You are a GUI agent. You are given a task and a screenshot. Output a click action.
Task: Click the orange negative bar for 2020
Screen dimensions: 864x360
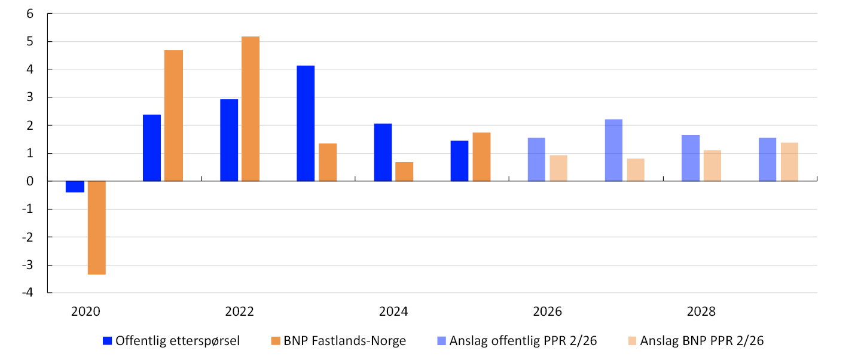click(97, 228)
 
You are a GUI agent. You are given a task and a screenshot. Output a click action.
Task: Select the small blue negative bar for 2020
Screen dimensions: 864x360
click(75, 187)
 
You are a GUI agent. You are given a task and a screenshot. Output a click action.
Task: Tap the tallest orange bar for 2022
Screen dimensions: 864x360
click(251, 109)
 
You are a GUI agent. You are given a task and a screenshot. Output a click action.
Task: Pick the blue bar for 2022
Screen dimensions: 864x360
click(229, 140)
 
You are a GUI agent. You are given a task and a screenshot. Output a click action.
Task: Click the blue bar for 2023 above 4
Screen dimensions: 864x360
click(306, 123)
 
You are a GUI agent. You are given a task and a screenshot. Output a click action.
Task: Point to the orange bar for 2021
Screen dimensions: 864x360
click(173, 116)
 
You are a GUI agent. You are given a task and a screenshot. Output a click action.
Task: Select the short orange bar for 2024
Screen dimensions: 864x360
click(404, 171)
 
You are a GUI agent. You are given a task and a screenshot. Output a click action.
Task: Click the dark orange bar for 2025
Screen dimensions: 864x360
click(481, 157)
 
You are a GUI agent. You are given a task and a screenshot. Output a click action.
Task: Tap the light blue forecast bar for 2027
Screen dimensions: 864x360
click(613, 150)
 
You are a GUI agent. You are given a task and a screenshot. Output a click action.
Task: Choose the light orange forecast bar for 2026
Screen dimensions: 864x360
click(558, 168)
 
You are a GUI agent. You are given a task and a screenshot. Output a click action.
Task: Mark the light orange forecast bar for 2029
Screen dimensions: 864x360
click(789, 161)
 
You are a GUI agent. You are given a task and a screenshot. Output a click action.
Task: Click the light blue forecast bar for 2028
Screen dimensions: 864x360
click(691, 158)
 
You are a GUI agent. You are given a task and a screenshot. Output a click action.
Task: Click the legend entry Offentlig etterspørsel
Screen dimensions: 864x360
click(171, 341)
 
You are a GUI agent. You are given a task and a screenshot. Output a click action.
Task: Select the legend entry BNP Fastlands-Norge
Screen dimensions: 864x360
click(338, 341)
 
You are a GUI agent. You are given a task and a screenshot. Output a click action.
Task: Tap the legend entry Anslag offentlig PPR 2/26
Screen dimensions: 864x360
click(517, 341)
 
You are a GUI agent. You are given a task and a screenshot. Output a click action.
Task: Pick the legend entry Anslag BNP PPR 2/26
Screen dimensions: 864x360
click(696, 341)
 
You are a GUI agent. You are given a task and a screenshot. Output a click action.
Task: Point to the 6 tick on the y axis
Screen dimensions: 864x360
click(30, 14)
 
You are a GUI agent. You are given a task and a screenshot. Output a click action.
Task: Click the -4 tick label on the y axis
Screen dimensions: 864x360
click(28, 292)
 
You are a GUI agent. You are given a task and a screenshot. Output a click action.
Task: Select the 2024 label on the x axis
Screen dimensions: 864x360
click(393, 312)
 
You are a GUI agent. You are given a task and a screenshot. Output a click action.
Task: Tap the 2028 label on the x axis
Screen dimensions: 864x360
click(701, 312)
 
